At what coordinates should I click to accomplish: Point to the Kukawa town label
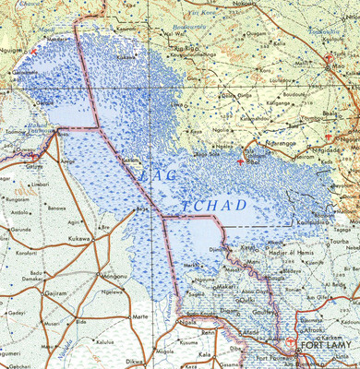click(x=78, y=238)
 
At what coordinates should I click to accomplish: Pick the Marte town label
click(x=141, y=315)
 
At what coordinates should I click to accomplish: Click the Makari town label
click(x=228, y=287)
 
